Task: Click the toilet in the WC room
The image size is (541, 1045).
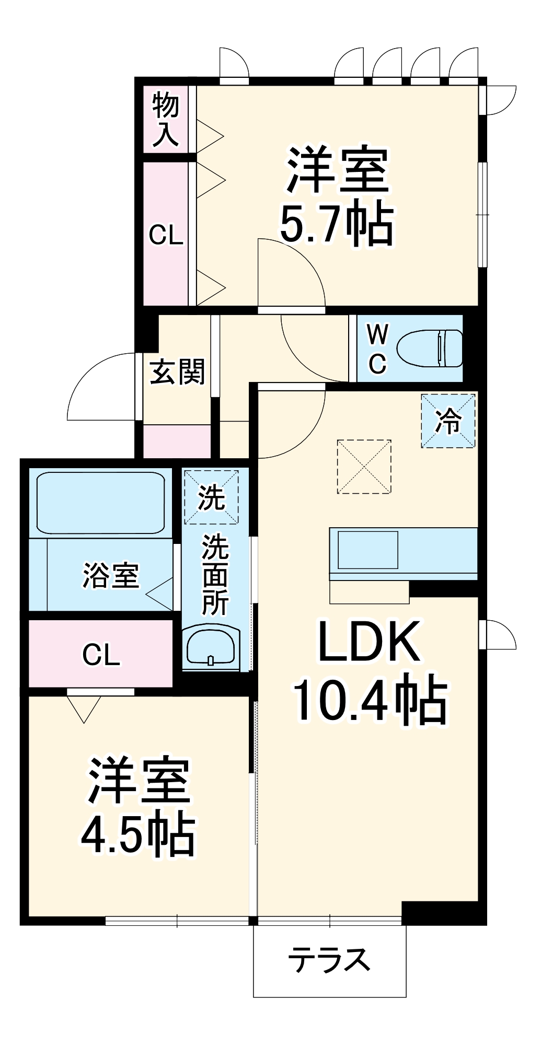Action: [x=430, y=348]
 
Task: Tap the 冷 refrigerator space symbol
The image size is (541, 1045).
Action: [x=448, y=421]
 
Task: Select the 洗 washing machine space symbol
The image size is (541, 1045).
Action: [x=211, y=497]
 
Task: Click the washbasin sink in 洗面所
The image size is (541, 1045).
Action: [x=211, y=647]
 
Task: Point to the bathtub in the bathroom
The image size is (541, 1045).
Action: [x=101, y=503]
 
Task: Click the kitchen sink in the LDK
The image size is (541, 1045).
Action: [x=368, y=550]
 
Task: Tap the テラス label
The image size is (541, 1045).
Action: [x=329, y=959]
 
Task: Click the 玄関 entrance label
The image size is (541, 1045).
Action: [x=177, y=373]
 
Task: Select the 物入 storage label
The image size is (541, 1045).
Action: [x=166, y=120]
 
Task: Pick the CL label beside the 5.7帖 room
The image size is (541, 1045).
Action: [x=166, y=236]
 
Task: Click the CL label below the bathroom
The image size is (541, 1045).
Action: [x=101, y=655]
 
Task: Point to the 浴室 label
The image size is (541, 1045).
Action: [x=111, y=575]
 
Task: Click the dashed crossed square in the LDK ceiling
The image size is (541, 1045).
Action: [x=364, y=467]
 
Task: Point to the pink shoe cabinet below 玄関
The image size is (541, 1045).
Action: [x=177, y=442]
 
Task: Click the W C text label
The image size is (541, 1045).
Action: [x=377, y=349]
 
